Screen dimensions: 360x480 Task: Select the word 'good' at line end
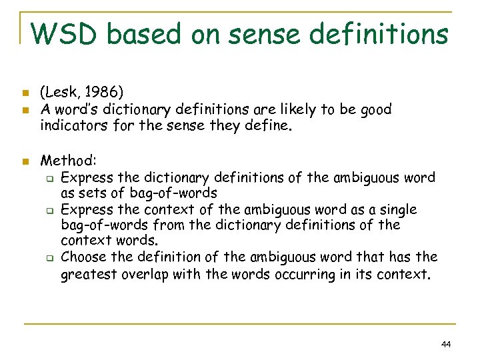(374, 109)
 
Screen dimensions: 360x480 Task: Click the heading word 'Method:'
(69, 161)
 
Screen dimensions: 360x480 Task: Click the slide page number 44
(446, 344)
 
